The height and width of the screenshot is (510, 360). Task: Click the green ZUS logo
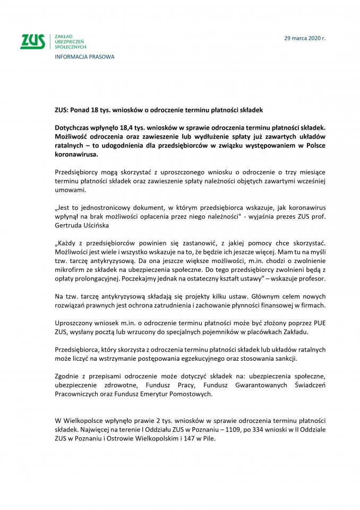(32, 41)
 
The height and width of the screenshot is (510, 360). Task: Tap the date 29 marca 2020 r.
(305, 38)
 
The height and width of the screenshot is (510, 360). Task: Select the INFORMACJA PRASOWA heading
(84, 57)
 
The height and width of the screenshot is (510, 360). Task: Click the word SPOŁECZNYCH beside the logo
(70, 47)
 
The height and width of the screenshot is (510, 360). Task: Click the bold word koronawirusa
(76, 155)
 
